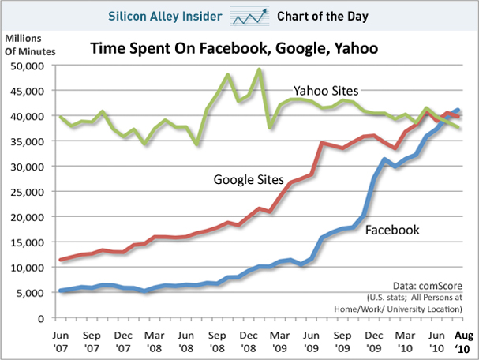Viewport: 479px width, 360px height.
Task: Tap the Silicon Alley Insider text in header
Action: click(x=170, y=15)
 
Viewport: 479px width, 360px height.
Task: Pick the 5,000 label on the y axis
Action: click(x=31, y=293)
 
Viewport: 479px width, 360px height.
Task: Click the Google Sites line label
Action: click(x=249, y=179)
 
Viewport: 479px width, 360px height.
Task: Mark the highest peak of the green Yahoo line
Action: click(x=259, y=69)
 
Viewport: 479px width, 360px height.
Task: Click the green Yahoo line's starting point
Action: click(x=61, y=117)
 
